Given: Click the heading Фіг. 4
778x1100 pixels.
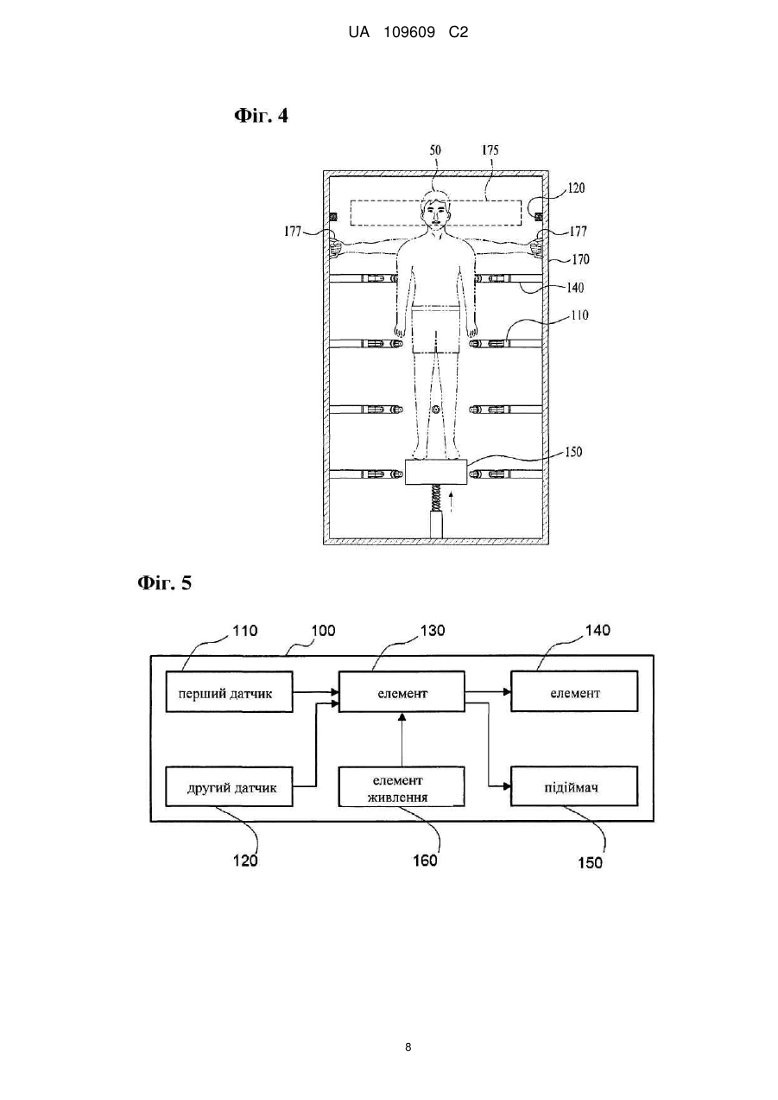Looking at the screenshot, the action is coord(261,116).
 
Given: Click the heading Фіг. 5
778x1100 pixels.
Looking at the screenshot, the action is coord(164,583).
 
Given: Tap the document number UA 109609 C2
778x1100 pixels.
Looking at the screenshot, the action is coord(408,33).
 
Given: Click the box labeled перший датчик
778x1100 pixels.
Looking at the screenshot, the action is coord(229,692).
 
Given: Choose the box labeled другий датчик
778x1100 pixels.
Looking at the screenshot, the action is coord(229,787).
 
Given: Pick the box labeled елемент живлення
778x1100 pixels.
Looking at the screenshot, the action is coord(402,787).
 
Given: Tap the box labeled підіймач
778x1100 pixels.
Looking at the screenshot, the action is coord(574,787).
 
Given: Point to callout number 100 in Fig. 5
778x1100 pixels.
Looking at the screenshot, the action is coord(323,631).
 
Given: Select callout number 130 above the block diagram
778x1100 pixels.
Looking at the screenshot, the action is coord(433,631).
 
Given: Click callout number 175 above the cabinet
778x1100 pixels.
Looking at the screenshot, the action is coord(490,149).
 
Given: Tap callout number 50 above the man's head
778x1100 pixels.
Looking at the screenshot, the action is coord(435,149).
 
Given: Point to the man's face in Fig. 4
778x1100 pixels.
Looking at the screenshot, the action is coord(435,215).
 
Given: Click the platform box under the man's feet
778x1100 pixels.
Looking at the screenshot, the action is coord(436,473).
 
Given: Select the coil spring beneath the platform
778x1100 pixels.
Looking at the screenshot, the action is coord(436,499).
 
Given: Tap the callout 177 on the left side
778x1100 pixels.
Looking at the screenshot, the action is coord(292,232).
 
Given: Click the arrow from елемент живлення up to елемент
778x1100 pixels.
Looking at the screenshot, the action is coord(402,740).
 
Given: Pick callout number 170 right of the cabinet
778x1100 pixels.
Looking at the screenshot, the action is coord(580,258).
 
